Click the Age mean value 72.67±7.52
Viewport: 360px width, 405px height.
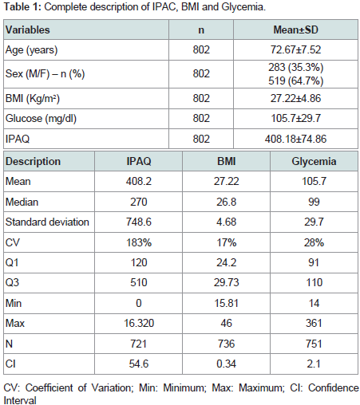295,49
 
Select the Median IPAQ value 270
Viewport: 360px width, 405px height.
139,202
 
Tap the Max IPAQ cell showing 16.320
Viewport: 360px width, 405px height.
139,323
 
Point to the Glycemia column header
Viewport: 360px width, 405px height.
314,161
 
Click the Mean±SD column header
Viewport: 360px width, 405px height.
295,29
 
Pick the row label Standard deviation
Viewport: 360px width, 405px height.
47,222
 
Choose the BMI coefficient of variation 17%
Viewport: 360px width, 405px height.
227,242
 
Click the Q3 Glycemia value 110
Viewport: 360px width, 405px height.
315,282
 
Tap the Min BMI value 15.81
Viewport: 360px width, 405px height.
227,303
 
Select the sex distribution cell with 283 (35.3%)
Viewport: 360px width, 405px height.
295,67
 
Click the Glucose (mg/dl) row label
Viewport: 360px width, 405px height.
41,119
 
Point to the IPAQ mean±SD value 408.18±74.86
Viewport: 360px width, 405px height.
295,139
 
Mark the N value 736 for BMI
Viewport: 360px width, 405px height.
227,344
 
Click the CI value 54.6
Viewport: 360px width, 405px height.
139,364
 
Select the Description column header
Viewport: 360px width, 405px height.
33,161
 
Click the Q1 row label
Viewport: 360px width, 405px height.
12,262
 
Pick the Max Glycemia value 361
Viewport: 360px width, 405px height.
314,323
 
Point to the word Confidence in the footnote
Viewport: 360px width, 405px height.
334,387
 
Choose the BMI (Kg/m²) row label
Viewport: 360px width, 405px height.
33,98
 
